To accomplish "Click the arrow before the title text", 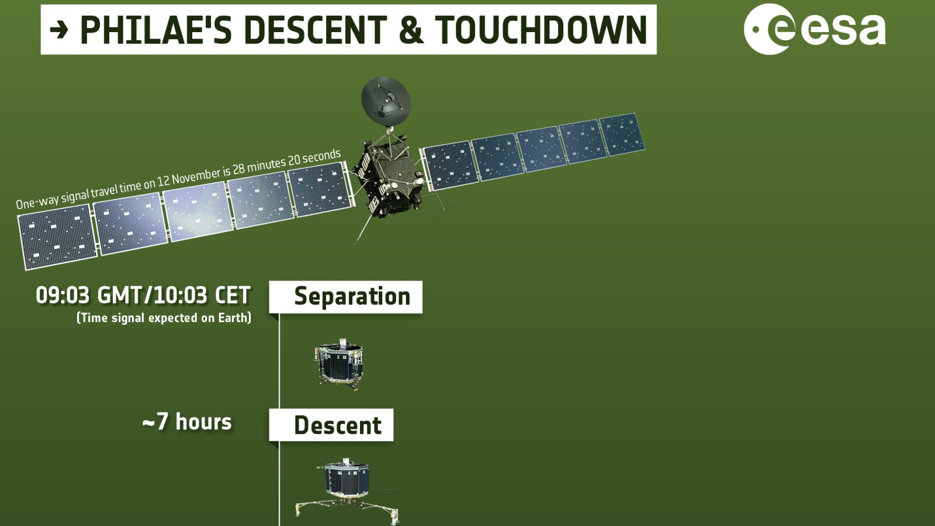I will tap(59, 29).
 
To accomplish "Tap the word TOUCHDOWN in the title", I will tap(541, 30).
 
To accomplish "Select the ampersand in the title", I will tap(411, 30).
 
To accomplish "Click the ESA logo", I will tap(815, 29).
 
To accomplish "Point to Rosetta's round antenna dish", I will tap(386, 101).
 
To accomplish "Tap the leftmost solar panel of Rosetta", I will tap(57, 237).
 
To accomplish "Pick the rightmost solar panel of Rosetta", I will tap(622, 134).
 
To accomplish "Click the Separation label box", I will tap(346, 297).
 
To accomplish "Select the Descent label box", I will tap(331, 425).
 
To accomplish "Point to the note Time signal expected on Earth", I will tap(164, 318).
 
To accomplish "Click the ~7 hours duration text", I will tap(187, 422).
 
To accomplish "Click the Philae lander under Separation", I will tap(340, 362).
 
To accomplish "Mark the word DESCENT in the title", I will tap(316, 30).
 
